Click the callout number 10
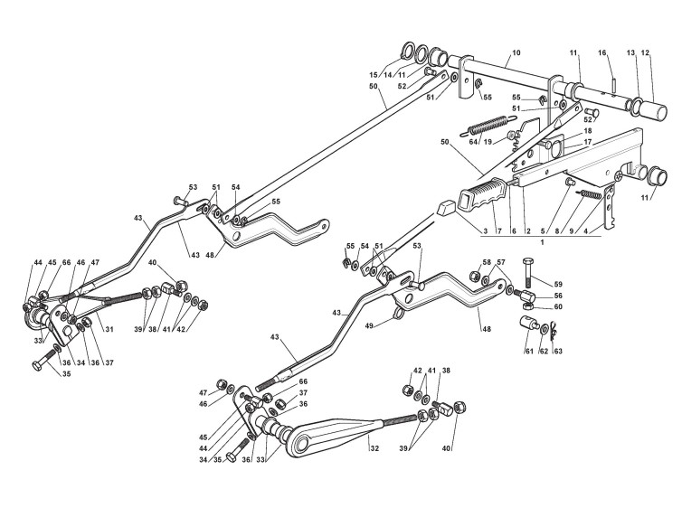pyautogui.click(x=516, y=53)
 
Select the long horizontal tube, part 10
pyautogui.click(x=516, y=80)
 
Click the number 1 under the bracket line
pyautogui.click(x=541, y=242)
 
